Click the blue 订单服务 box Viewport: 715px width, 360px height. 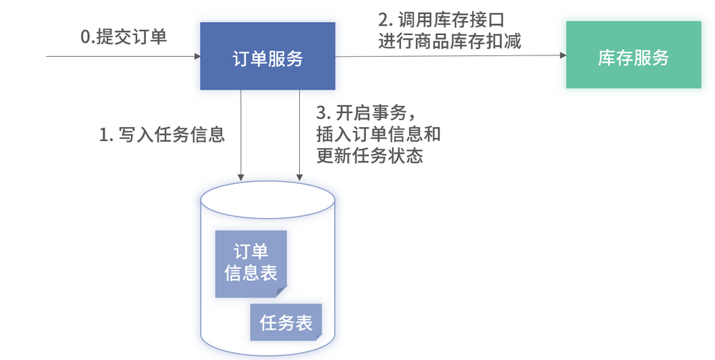tap(268, 56)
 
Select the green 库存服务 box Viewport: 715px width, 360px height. tap(633, 57)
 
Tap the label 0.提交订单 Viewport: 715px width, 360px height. tap(124, 37)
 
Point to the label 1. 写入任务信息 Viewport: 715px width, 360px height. tap(162, 135)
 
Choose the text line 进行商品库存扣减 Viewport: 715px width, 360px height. tap(449, 41)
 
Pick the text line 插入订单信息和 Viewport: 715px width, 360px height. tap(379, 133)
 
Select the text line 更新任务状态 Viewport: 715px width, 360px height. tap(369, 155)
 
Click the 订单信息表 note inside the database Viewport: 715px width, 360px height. tap(251, 263)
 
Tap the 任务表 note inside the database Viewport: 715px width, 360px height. tap(286, 321)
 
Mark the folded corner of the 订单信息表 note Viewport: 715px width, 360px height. tap(281, 291)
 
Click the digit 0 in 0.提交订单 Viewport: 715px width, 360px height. tap(86, 37)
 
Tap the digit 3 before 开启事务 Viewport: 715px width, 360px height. tap(321, 111)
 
